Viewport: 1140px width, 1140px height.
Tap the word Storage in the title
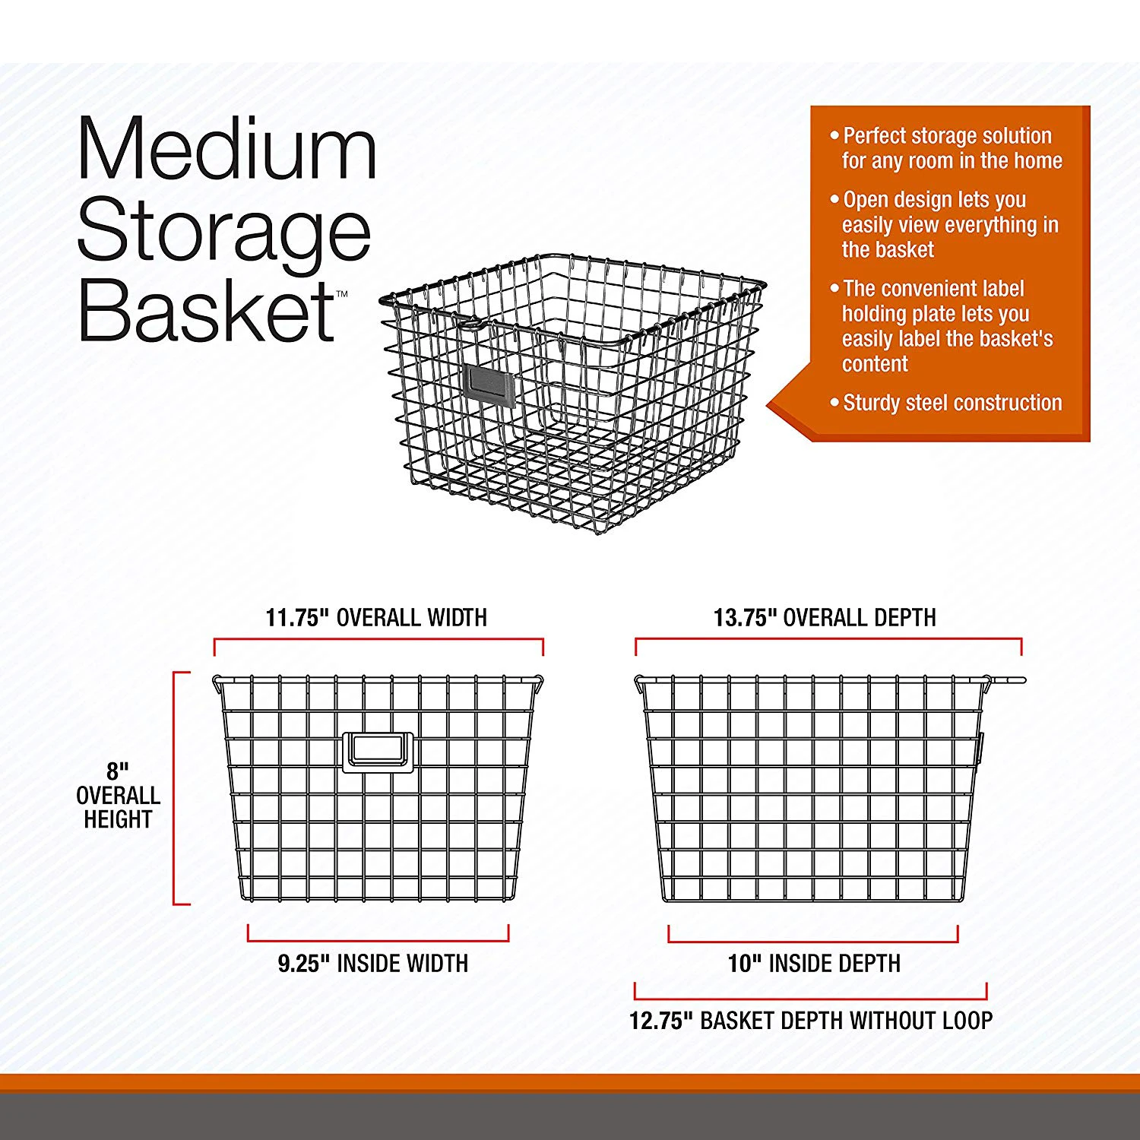pyautogui.click(x=223, y=232)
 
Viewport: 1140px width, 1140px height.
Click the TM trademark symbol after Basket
pyautogui.click(x=342, y=294)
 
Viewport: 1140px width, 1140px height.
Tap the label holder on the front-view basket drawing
pyautogui.click(x=378, y=752)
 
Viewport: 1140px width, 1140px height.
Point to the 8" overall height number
pyautogui.click(x=118, y=771)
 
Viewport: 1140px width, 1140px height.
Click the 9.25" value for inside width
pyautogui.click(x=303, y=964)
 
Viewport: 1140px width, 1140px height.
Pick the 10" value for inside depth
pyautogui.click(x=744, y=964)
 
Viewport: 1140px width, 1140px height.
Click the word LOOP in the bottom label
pyautogui.click(x=967, y=1021)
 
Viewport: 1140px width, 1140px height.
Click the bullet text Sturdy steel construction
pyautogui.click(x=952, y=403)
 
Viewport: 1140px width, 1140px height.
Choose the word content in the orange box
pyautogui.click(x=875, y=364)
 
